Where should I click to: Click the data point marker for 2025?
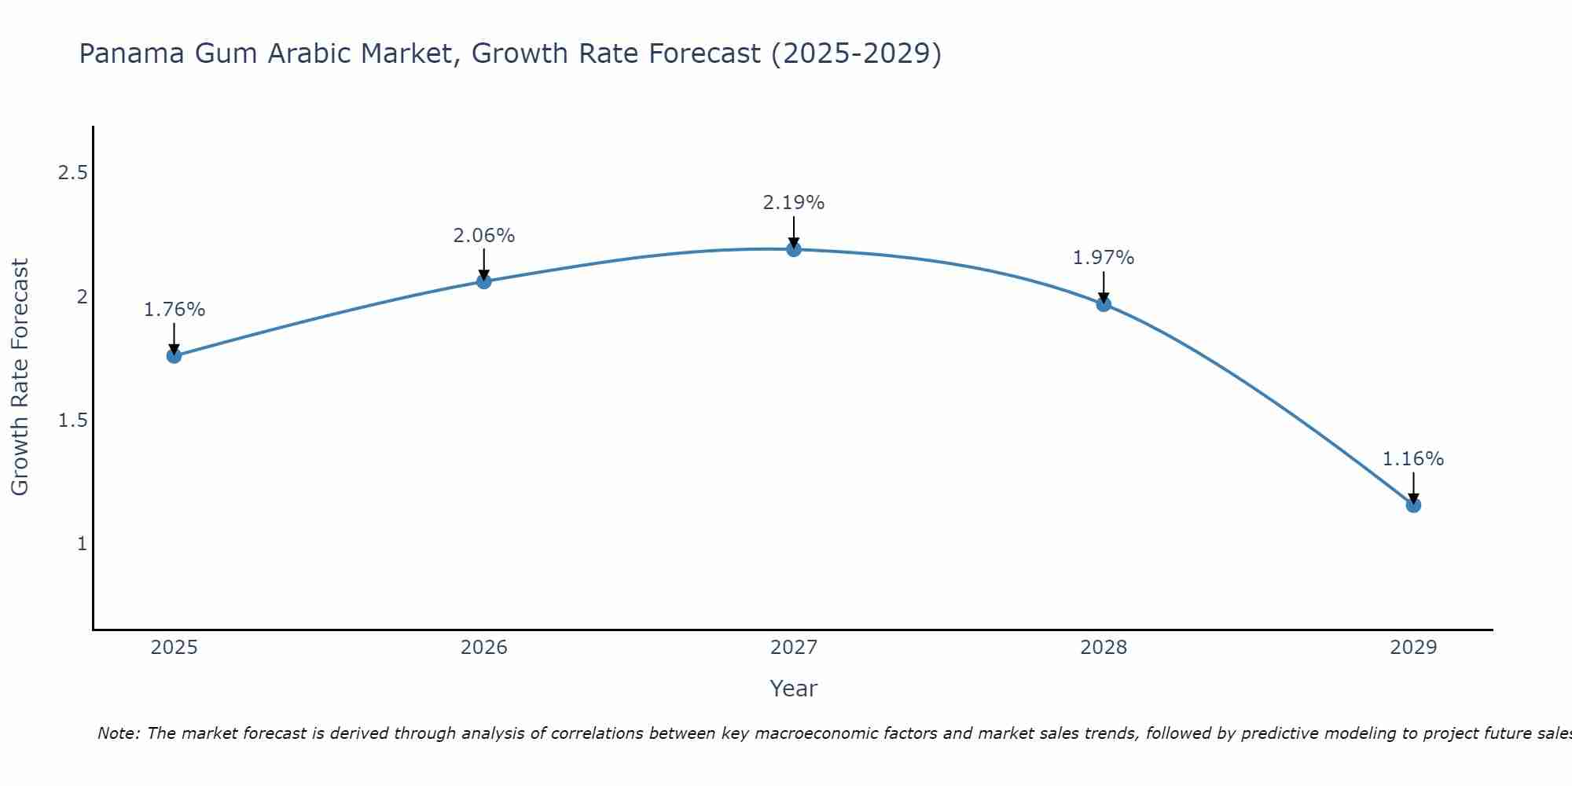tap(174, 356)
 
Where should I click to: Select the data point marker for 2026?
tap(483, 281)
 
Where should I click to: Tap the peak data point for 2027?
tap(794, 249)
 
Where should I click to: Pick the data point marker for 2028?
tap(1104, 304)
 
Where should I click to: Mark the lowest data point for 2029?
tap(1413, 505)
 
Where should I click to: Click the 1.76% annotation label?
tap(174, 310)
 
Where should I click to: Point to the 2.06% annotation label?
tap(483, 236)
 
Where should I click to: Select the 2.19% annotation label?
tap(794, 203)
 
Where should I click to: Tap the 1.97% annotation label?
tap(1104, 258)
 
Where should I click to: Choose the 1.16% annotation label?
tap(1413, 459)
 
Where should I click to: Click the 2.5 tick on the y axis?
tap(72, 173)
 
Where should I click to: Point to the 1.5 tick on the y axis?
tap(72, 421)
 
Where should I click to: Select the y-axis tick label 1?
tap(82, 544)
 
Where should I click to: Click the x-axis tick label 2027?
tap(794, 648)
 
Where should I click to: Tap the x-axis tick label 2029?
tap(1413, 648)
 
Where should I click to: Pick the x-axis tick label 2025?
tap(174, 648)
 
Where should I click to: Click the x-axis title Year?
tap(794, 689)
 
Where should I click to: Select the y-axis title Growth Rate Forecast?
tap(20, 377)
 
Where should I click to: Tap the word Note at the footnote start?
tap(118, 733)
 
